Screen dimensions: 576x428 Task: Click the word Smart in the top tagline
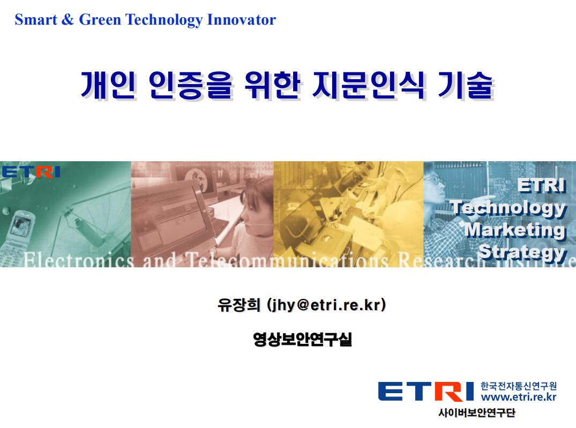click(36, 19)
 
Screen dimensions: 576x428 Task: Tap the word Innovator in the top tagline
click(241, 19)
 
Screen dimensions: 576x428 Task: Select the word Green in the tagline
click(100, 19)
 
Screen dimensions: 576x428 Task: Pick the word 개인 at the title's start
click(108, 85)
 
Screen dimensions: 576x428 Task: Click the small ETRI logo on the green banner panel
click(31, 172)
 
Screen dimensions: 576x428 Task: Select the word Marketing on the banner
click(515, 230)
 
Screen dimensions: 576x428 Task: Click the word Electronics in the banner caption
click(79, 260)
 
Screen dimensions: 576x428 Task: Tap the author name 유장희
click(239, 305)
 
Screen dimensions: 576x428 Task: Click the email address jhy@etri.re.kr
click(326, 305)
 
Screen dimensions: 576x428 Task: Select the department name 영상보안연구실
click(302, 339)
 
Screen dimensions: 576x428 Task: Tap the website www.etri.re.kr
click(518, 397)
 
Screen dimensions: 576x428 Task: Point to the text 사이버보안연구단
click(477, 412)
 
